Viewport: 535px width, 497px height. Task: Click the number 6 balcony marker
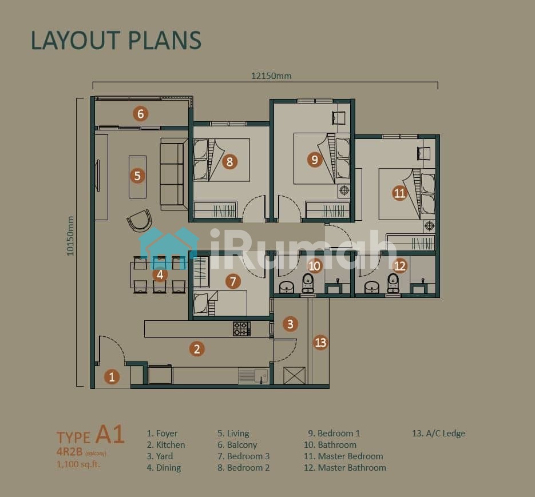141,114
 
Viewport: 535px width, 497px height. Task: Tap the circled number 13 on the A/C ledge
321,342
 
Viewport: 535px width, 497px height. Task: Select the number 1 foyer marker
112,377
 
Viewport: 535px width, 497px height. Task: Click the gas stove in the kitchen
242,329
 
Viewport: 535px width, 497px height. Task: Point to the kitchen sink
253,376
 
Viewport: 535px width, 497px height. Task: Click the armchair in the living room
139,220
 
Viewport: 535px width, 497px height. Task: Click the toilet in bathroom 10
308,283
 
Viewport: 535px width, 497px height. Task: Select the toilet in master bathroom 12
393,283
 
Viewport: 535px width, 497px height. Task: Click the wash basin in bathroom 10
286,287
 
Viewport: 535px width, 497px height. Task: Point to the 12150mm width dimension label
271,75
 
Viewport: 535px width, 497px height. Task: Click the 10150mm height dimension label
70,236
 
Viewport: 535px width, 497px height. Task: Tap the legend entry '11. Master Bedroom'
343,456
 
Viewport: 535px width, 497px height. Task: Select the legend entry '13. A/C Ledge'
438,433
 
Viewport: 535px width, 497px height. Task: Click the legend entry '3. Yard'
160,456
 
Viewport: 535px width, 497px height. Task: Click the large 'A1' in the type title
110,435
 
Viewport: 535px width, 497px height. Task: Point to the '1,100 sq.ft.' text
78,464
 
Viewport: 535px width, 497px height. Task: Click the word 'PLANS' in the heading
165,40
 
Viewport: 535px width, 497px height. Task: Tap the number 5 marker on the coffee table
137,176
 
